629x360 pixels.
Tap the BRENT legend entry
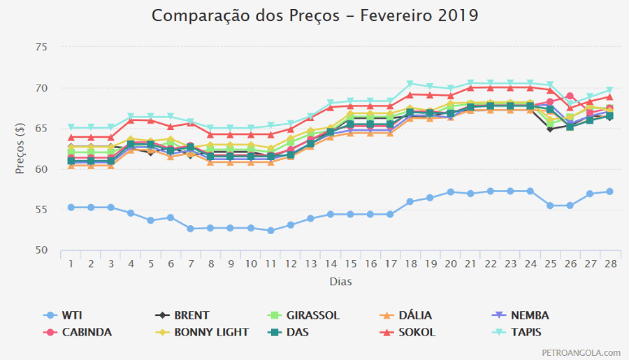click(x=185, y=315)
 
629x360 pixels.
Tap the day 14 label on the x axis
click(x=331, y=264)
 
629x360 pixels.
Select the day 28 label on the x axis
click(x=610, y=264)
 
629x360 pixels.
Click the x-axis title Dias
click(x=340, y=282)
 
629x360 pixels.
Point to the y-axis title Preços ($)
click(x=22, y=148)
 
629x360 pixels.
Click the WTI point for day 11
click(x=270, y=231)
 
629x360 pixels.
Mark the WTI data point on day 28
click(x=610, y=192)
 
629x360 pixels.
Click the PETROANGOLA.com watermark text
click(x=581, y=353)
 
